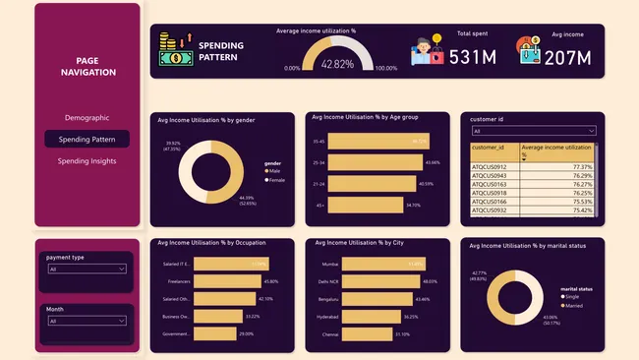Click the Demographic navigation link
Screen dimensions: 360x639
[87, 117]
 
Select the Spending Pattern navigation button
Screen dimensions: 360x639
[87, 140]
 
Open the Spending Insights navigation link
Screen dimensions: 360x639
[87, 161]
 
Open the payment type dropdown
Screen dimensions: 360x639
[87, 269]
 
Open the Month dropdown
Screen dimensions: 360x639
[87, 321]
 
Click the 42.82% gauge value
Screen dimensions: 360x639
[336, 63]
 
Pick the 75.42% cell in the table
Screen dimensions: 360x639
[557, 210]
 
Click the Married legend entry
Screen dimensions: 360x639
[571, 305]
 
